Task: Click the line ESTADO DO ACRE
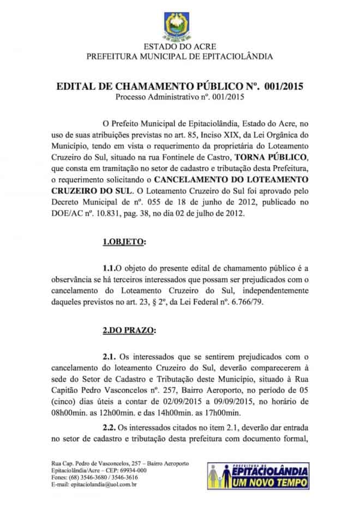(179, 48)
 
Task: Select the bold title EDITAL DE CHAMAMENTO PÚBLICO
(179, 87)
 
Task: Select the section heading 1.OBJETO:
(124, 241)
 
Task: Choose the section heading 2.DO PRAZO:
(129, 330)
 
